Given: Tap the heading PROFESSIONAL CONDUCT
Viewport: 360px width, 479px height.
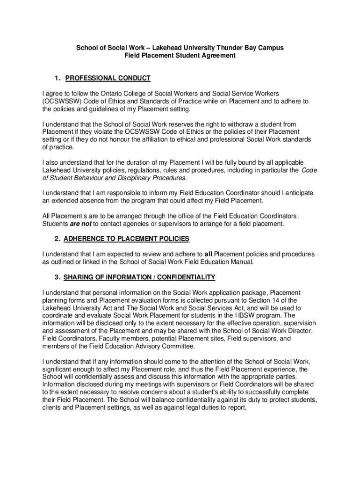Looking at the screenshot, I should pyautogui.click(x=108, y=78).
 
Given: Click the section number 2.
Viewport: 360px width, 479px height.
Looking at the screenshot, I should pyautogui.click(x=57, y=239).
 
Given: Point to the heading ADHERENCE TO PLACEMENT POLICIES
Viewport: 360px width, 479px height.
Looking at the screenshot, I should pyautogui.click(x=126, y=239).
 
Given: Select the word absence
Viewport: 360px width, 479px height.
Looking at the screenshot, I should pyautogui.click(x=93, y=201).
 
